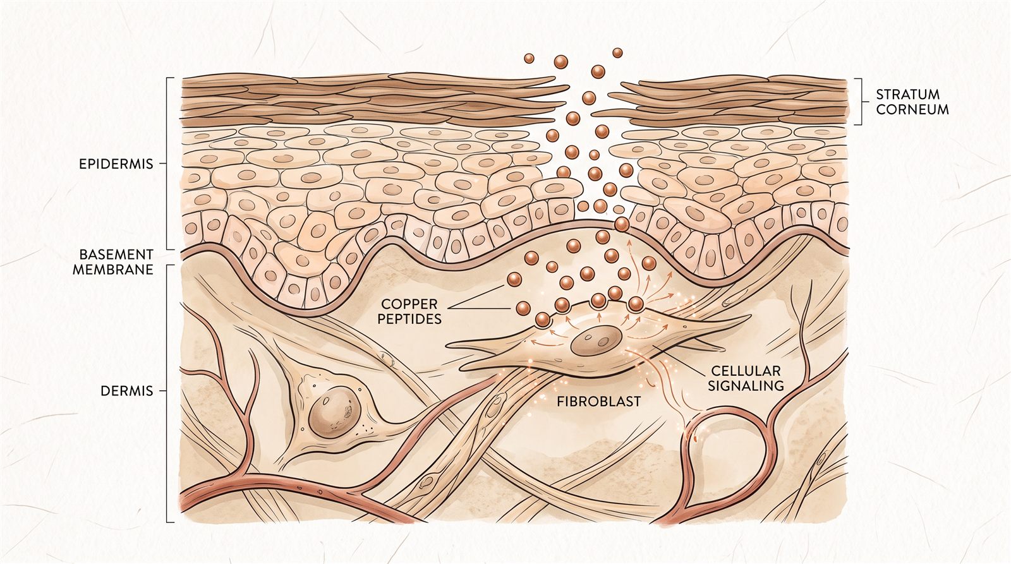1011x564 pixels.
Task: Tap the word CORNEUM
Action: (912, 110)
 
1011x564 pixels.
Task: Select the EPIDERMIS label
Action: (116, 164)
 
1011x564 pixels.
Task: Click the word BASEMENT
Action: (116, 255)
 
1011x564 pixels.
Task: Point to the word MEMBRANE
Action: (113, 270)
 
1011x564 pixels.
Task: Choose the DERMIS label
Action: (127, 391)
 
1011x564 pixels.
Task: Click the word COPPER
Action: (409, 304)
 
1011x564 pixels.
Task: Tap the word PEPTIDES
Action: (409, 319)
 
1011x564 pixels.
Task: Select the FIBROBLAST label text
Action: (598, 401)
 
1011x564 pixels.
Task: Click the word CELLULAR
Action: (746, 371)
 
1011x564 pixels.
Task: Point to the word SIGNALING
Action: (746, 387)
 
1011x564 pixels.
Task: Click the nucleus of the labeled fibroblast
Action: (596, 340)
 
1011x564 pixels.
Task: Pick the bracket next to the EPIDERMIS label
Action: (167, 164)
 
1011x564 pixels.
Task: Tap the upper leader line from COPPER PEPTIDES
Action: (476, 296)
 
